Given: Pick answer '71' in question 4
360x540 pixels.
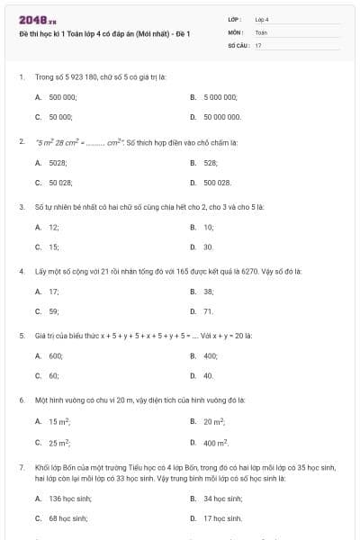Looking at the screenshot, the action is coord(208,311).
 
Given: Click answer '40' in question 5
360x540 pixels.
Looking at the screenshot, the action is coord(208,375).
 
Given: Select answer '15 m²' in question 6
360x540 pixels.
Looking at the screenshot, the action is coord(59,421).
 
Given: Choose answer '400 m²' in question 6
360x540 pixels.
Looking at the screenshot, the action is coord(215,442).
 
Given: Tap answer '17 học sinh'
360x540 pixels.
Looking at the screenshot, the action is coord(222,518).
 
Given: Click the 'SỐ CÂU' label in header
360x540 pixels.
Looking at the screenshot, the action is coord(238,44).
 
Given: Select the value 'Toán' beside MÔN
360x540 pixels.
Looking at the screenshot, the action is coord(261,31).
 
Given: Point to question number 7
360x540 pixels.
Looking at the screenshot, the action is coord(21,469).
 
